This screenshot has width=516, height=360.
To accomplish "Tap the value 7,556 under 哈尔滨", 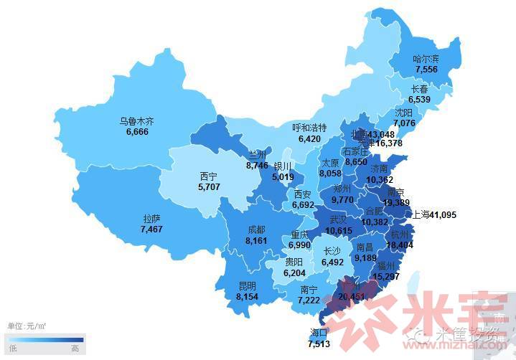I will pos(426,69).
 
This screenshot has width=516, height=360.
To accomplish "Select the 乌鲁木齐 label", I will pos(136,121).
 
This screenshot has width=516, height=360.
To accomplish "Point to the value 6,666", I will pos(136,131).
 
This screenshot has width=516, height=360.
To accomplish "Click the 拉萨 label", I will pos(151,219).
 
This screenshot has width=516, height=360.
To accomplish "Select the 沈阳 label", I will pos(403,113).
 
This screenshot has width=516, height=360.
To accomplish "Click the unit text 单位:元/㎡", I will pos(27,326).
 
